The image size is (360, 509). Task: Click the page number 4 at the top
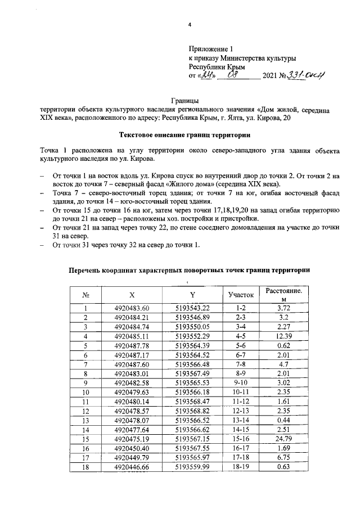[x=190, y=25]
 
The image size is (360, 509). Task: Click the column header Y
[x=192, y=294]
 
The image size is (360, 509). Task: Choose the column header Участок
[x=241, y=294]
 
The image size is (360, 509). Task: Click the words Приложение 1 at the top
[x=211, y=49]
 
